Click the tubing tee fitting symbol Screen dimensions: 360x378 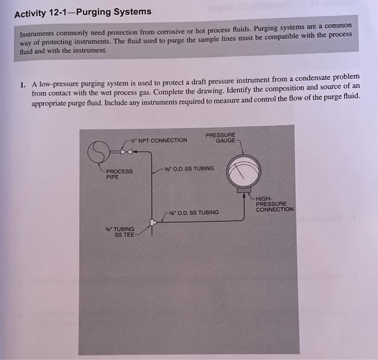[x=153, y=222]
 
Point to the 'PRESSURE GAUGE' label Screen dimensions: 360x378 [x=220, y=138]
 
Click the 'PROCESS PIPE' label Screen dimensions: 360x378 [x=119, y=174]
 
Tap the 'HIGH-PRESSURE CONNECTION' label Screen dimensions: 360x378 [x=274, y=203]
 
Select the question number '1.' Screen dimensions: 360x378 [x=22, y=85]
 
